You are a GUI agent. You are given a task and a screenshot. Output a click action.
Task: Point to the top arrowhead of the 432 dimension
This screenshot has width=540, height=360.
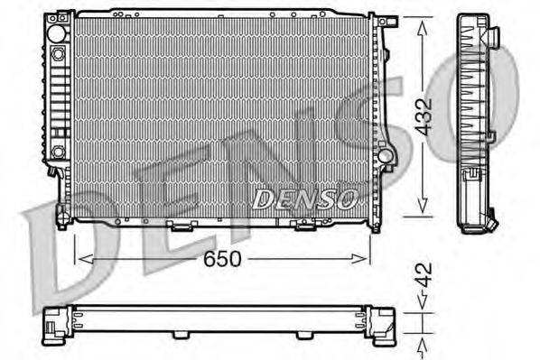(x=421, y=22)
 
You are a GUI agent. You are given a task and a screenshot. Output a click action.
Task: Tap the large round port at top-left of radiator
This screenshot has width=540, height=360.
(x=57, y=32)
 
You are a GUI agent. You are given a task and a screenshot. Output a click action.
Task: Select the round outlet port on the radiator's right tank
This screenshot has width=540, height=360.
(x=386, y=155)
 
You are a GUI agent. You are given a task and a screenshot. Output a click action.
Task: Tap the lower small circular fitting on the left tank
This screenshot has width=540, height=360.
(x=58, y=151)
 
